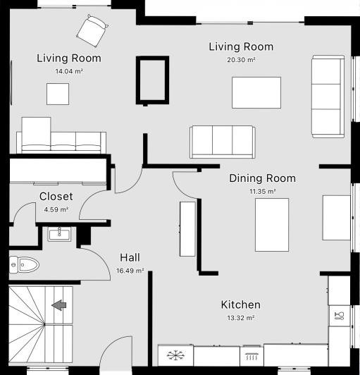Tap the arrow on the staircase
(59, 305)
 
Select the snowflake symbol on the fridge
(175, 355)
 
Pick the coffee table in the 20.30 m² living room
(256, 92)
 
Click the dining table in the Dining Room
(271, 224)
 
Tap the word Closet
(56, 197)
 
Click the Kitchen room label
(241, 305)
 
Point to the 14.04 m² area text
(69, 71)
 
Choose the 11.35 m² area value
(262, 191)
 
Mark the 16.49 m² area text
(131, 270)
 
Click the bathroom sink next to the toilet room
(59, 233)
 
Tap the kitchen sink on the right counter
(339, 314)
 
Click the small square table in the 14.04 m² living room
(58, 94)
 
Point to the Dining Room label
(262, 178)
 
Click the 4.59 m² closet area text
(56, 209)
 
